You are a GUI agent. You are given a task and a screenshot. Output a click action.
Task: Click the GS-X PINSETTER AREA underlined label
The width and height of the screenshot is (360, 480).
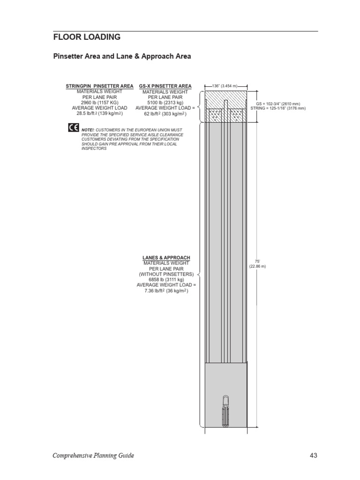pos(165,86)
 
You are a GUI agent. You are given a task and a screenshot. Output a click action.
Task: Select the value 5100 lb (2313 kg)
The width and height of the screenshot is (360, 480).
pos(165,102)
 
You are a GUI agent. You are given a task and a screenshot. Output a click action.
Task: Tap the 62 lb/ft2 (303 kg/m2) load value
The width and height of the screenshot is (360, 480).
pos(165,113)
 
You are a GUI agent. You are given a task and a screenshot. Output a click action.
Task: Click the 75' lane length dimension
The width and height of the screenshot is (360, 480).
pos(257,262)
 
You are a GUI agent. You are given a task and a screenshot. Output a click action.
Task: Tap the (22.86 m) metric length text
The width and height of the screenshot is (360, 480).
pos(257,266)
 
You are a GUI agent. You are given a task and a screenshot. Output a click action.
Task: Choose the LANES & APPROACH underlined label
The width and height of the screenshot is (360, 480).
pos(166,258)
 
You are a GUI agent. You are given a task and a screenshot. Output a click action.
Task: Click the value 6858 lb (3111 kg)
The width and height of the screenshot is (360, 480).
pos(166,279)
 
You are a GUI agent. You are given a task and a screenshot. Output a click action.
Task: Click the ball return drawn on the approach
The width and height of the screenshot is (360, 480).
pos(225,411)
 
